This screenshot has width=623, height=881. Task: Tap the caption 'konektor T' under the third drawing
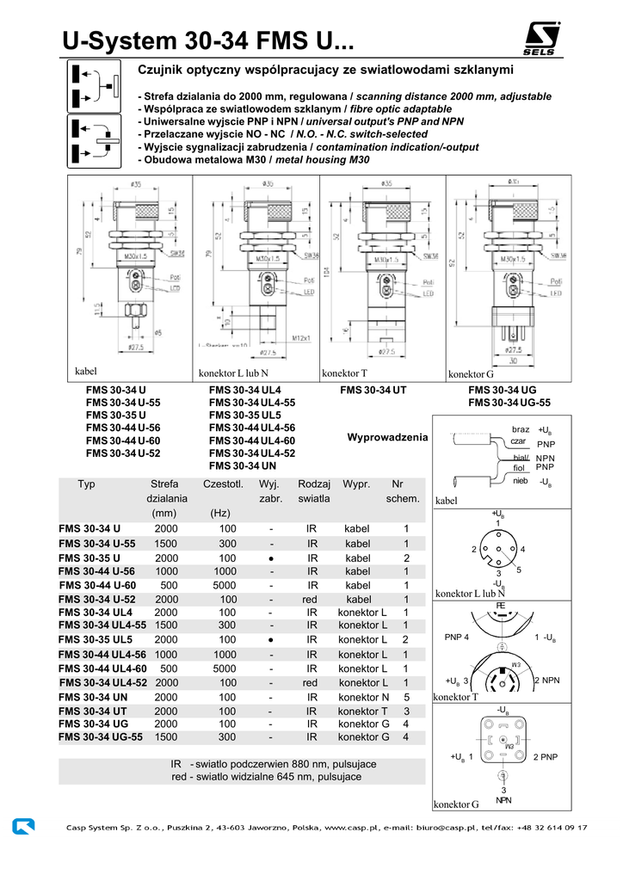344,373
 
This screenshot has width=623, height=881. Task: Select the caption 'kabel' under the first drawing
86,372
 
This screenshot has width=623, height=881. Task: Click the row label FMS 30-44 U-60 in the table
98,585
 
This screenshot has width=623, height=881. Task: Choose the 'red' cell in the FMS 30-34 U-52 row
311,600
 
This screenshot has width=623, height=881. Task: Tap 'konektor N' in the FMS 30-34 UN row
363,697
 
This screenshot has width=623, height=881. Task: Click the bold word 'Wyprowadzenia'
387,437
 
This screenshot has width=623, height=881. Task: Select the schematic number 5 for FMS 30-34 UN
406,697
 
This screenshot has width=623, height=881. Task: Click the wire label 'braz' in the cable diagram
521,429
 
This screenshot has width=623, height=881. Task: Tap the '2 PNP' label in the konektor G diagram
546,757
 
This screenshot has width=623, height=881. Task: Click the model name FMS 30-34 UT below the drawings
373,390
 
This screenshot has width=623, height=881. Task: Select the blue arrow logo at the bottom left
24,827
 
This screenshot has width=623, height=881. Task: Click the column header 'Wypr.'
356,484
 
